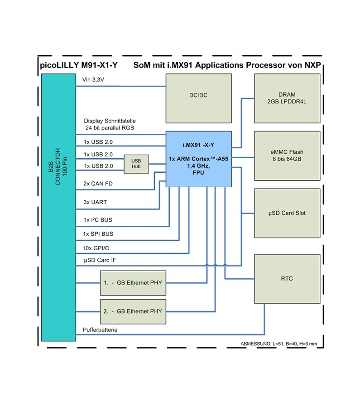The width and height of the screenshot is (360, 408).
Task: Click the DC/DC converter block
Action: (198, 96)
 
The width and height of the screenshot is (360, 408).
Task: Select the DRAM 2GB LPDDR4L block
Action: (287, 98)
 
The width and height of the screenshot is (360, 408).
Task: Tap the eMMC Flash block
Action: (287, 155)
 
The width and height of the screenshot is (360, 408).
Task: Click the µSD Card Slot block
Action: (287, 213)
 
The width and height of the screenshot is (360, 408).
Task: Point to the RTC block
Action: (287, 278)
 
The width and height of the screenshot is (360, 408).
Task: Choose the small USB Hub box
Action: (136, 164)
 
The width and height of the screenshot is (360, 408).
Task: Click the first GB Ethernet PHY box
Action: (133, 283)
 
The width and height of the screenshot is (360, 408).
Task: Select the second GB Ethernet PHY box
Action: (133, 311)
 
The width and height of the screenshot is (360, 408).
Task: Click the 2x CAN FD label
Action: (98, 184)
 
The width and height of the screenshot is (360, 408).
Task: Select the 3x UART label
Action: (95, 202)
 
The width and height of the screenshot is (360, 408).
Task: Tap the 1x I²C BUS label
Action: (98, 220)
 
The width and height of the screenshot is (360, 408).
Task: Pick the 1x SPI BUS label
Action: (98, 234)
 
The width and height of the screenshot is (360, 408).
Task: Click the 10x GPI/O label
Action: (96, 248)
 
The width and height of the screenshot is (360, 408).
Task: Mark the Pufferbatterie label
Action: (100, 330)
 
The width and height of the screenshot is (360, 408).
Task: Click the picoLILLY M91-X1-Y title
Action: (78, 65)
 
